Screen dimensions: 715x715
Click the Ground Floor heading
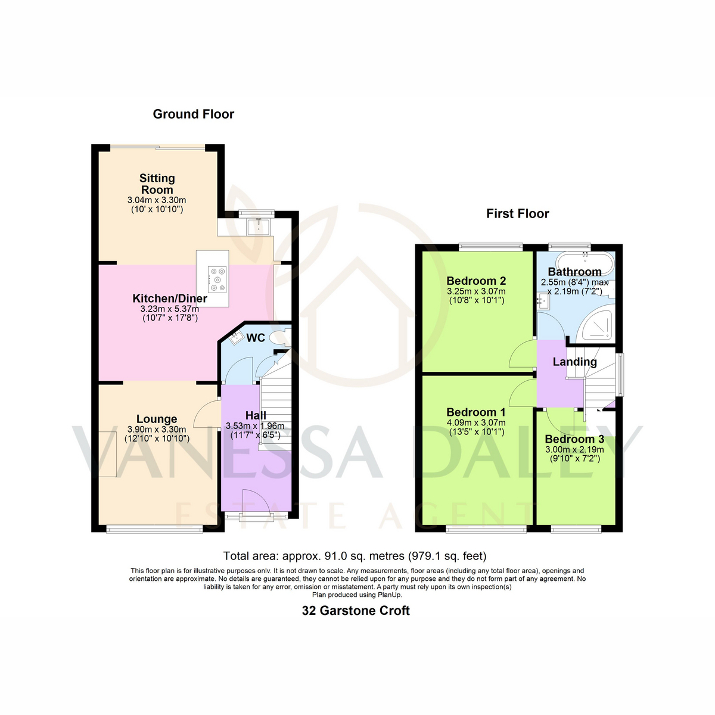193,114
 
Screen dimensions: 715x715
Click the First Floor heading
517,213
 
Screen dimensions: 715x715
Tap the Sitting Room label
157,184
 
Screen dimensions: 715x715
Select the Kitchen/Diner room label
170,298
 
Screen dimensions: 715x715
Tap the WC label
256,338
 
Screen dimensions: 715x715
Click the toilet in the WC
279,338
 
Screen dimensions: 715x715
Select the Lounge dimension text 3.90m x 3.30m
157,429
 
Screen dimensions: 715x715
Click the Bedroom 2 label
476,281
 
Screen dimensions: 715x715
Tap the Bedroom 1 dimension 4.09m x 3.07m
476,422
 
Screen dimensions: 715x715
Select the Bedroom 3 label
574,439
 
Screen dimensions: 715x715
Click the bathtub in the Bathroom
585,263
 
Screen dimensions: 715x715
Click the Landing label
575,362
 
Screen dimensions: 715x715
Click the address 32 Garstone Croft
356,610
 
